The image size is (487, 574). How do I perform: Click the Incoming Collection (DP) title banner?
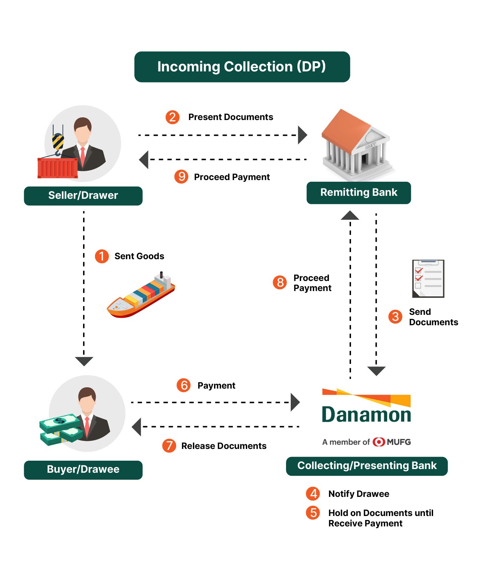click(242, 67)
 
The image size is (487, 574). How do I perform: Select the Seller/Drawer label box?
click(83, 196)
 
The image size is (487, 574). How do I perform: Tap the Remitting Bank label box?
click(359, 193)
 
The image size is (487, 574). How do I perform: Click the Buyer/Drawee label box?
click(83, 470)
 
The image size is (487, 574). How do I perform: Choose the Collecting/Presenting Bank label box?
click(367, 466)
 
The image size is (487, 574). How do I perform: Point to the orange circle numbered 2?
click(172, 117)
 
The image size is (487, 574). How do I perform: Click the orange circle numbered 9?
click(182, 177)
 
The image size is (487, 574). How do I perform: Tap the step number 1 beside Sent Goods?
click(102, 256)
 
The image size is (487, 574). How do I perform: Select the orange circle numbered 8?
click(280, 282)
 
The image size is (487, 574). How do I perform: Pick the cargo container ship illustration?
click(141, 295)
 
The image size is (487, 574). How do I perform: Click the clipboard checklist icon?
click(428, 278)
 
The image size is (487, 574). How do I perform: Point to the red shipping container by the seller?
click(58, 168)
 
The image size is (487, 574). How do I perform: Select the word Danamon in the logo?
click(366, 415)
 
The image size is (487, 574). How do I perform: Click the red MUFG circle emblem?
click(379, 442)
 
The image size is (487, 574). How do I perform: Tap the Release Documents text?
click(224, 446)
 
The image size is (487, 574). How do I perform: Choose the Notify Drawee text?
click(359, 494)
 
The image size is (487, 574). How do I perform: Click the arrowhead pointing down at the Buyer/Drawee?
click(84, 361)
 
